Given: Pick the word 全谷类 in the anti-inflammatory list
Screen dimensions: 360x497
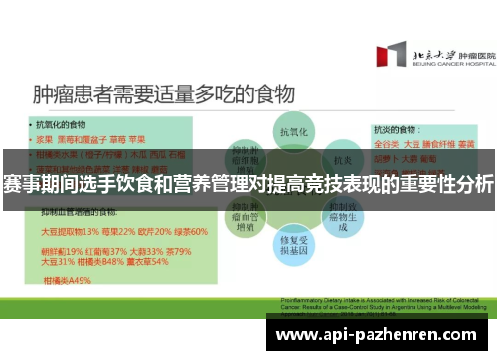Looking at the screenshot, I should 387,143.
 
